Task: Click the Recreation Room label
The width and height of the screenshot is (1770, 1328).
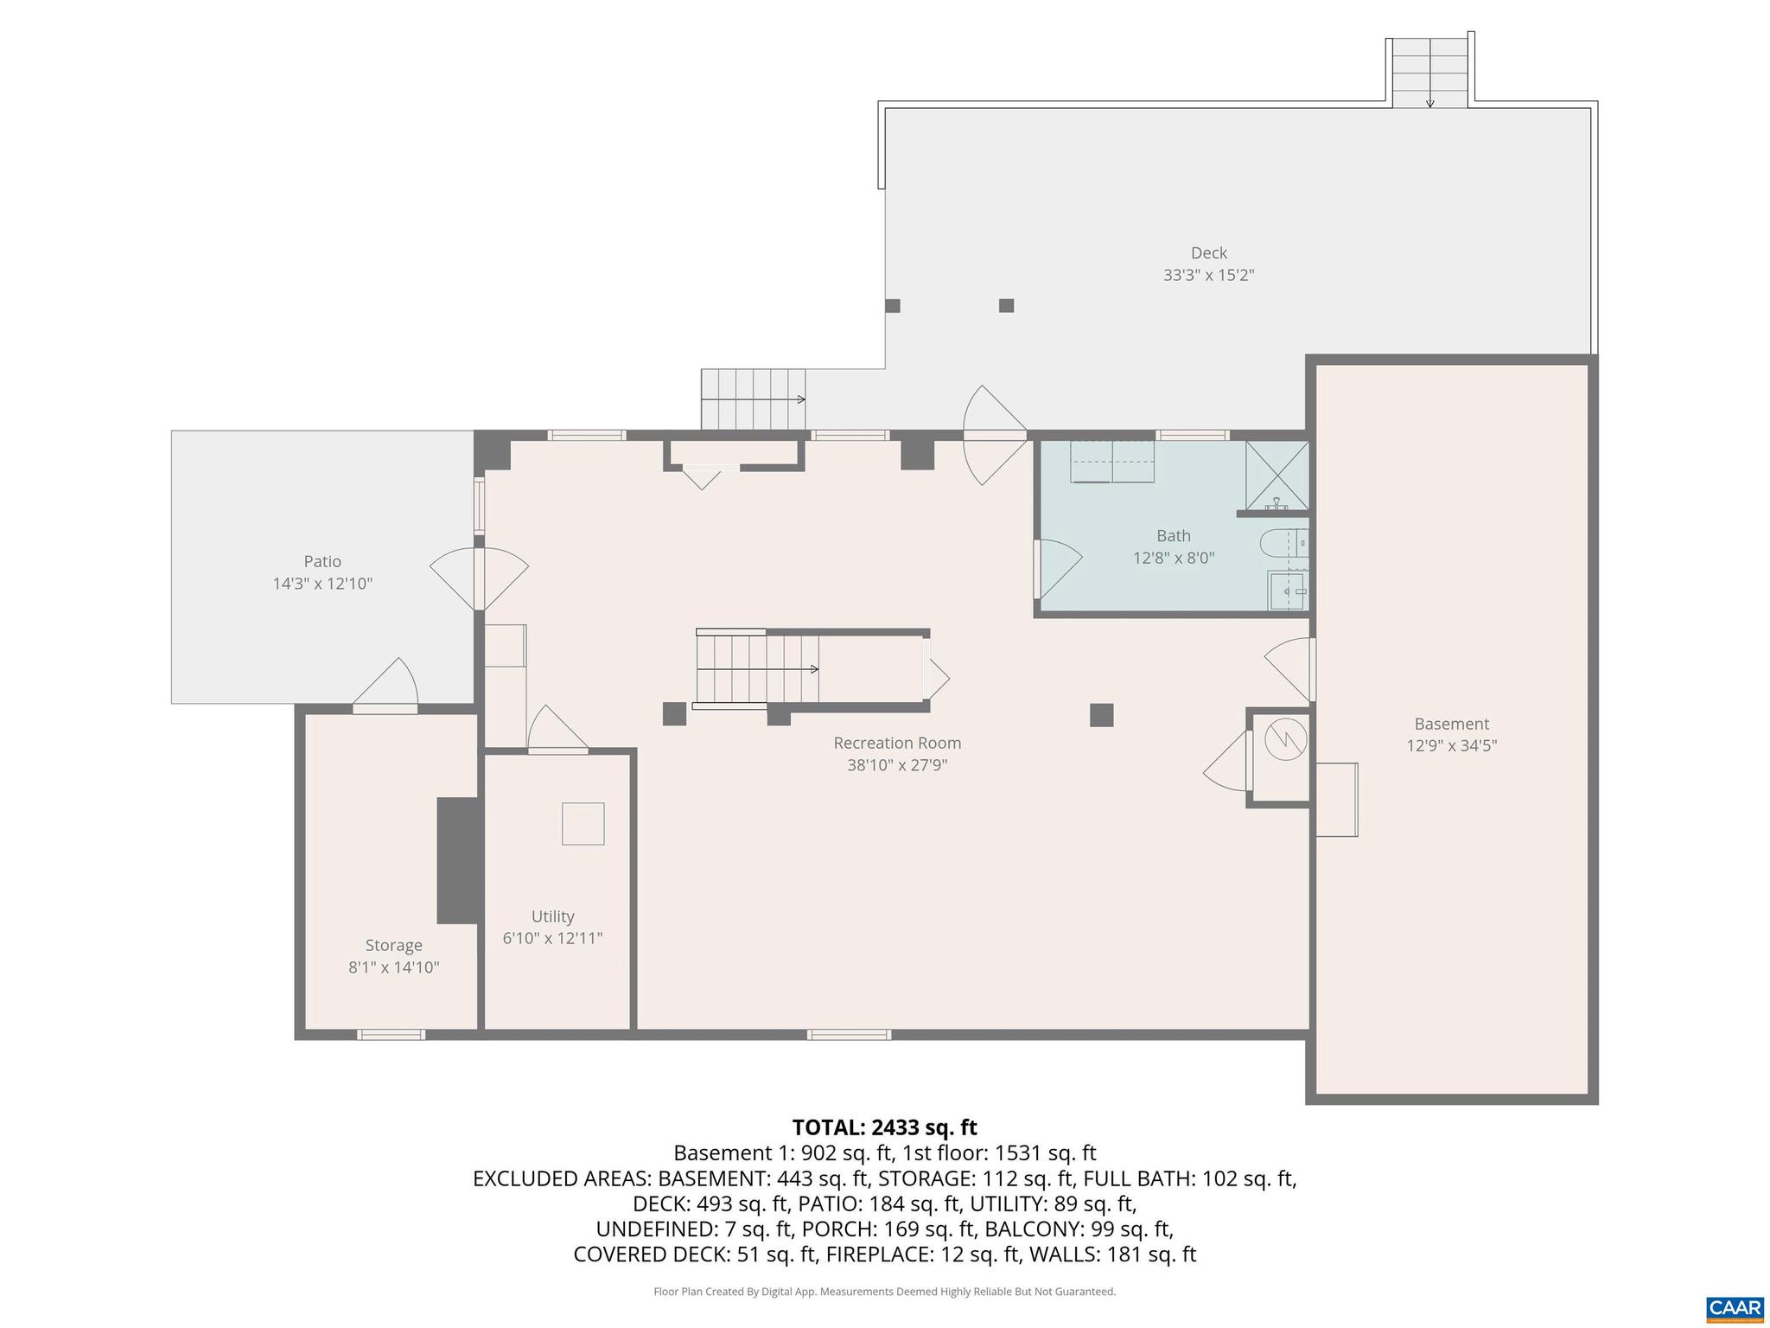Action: pos(897,743)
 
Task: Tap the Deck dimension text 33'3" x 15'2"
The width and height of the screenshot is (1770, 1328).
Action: pos(1208,276)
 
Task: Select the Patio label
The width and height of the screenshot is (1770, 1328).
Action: pos(322,561)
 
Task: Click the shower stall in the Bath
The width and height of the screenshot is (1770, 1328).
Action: pos(1277,475)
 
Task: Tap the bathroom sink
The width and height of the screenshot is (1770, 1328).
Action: pos(1288,591)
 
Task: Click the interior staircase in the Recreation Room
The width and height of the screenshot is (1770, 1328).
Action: pos(756,669)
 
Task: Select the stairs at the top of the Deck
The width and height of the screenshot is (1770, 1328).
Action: pos(1429,73)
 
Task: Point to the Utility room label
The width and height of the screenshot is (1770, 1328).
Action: pos(552,916)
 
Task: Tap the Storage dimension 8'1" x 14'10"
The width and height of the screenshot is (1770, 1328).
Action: pos(393,967)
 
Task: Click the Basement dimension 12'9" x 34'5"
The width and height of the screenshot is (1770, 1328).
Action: pos(1451,746)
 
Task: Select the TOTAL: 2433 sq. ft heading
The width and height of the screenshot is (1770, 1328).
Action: pos(884,1127)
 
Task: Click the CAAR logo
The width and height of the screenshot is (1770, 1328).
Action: pos(1735,1307)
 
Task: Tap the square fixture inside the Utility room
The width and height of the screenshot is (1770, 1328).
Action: pos(583,824)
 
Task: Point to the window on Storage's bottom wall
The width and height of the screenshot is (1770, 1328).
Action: pos(391,1034)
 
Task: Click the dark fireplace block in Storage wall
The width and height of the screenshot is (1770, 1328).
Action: pos(458,860)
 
